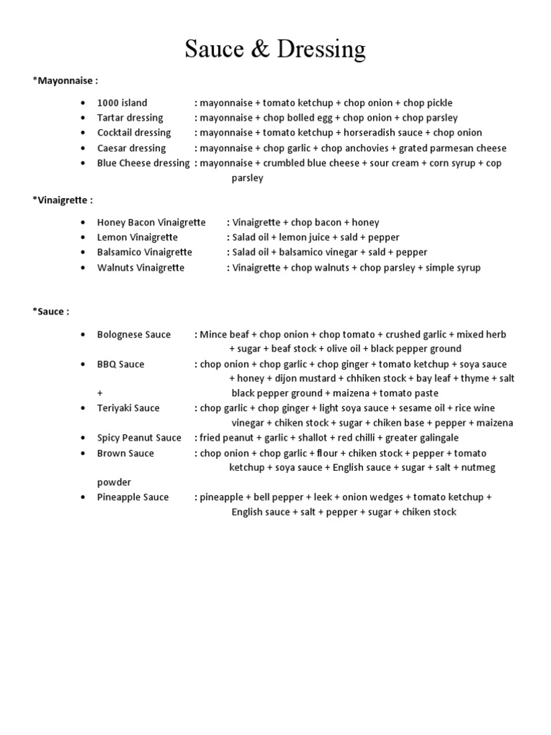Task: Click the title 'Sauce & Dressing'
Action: click(x=275, y=49)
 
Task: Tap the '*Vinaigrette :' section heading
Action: click(x=62, y=200)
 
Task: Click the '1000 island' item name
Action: click(x=122, y=103)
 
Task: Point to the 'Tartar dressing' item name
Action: click(x=130, y=118)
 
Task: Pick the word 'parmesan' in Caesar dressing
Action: click(x=455, y=148)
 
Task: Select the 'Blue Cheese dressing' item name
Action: click(x=143, y=163)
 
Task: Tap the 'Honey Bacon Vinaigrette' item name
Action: click(x=151, y=223)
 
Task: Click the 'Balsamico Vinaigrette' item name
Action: click(x=145, y=253)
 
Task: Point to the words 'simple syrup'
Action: click(x=453, y=268)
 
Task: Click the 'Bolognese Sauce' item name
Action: click(x=134, y=334)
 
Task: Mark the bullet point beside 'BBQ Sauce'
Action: click(x=84, y=365)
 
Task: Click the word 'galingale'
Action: click(x=434, y=438)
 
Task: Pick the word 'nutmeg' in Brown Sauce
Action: click(x=479, y=467)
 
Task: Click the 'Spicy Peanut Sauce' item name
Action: click(x=139, y=438)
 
